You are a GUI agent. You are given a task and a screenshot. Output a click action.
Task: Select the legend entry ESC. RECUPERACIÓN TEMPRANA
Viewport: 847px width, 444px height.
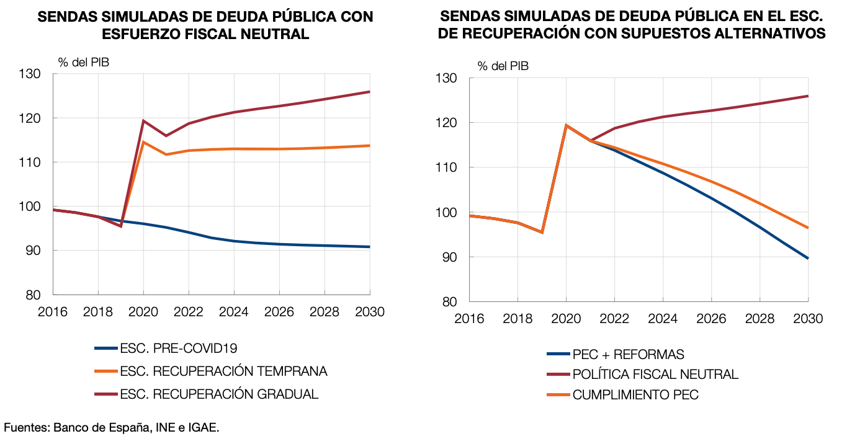coord(223,371)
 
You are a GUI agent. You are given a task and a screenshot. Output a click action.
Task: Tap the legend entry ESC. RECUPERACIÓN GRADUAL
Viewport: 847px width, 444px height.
coord(219,394)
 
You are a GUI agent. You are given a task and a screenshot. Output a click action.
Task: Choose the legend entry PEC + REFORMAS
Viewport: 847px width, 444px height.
coord(628,354)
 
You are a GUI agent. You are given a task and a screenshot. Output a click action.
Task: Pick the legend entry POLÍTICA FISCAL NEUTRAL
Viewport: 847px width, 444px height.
coord(655,375)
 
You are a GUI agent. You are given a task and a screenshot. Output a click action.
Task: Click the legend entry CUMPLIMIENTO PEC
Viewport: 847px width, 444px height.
coord(635,395)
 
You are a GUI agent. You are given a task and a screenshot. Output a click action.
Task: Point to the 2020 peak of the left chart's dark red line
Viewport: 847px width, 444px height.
coord(143,121)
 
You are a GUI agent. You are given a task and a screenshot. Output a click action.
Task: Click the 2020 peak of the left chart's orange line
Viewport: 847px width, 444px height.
coord(143,142)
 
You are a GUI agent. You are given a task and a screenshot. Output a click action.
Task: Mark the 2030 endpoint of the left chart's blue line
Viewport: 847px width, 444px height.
coord(370,247)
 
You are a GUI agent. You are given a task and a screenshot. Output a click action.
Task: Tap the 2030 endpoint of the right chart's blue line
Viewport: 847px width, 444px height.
coord(808,258)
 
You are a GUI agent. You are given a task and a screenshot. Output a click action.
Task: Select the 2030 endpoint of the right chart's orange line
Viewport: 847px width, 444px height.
coord(808,228)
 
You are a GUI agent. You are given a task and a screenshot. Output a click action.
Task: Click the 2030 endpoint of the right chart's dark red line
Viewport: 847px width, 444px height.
coord(808,96)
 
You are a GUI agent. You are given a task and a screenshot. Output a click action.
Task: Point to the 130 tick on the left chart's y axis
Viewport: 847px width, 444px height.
coord(42,74)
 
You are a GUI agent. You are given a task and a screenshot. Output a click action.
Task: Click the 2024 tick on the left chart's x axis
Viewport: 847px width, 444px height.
coord(234,311)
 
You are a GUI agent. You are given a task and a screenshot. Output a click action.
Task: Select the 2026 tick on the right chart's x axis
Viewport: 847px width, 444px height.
coord(711,318)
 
